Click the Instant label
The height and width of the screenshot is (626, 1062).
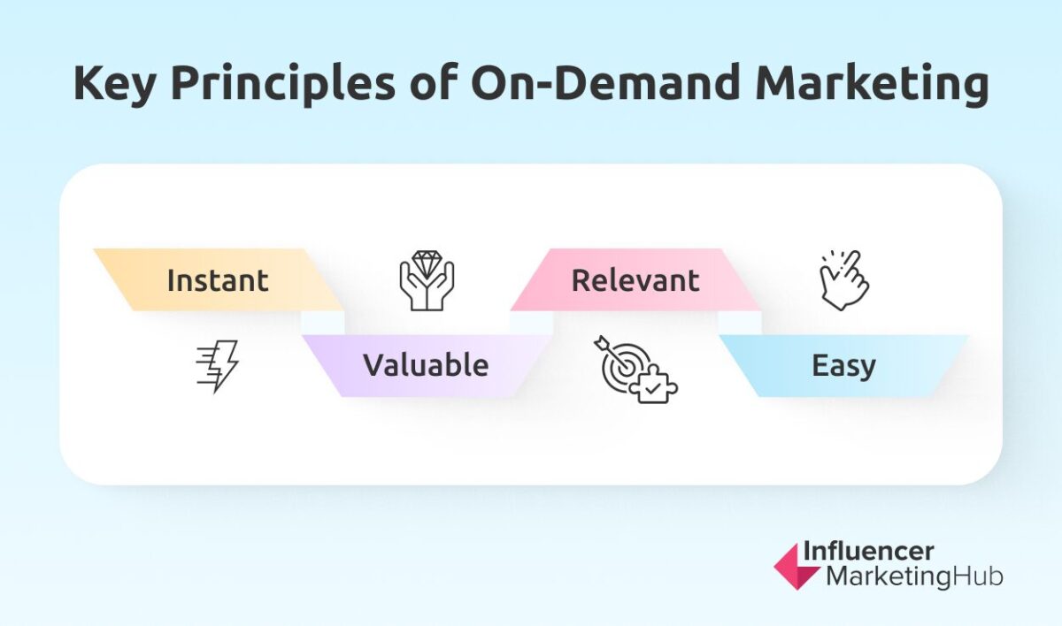[x=217, y=280]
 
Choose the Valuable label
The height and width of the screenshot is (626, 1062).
[x=426, y=365]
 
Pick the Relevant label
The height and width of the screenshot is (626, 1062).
[x=635, y=280]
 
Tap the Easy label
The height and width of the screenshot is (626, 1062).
[x=843, y=365]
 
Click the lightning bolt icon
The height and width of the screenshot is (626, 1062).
[x=217, y=366]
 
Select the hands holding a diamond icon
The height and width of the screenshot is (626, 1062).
[x=426, y=281]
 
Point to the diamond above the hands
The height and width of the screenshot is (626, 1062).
[x=426, y=263]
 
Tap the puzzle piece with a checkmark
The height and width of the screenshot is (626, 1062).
[x=658, y=385]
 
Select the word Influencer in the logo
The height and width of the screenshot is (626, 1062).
[x=867, y=552]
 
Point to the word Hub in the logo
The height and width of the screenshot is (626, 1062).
[x=979, y=576]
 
